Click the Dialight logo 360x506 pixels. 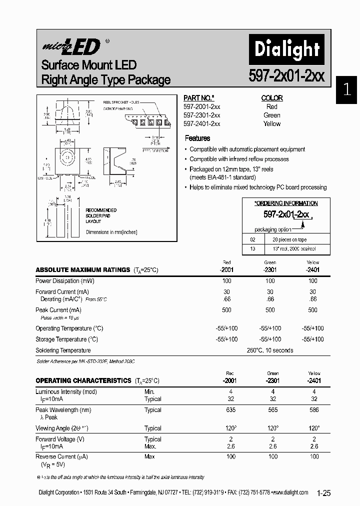tap(286, 49)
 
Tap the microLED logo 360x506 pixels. tap(70, 47)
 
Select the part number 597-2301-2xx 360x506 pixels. tap(201, 115)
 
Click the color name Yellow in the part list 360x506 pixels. tap(272, 123)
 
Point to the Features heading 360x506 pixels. tap(197, 138)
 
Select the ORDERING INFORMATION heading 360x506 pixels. tap(286, 203)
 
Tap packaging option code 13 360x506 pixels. tap(252, 248)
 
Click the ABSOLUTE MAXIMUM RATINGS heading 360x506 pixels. tap(82, 270)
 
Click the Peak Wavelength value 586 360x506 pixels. tap(314, 410)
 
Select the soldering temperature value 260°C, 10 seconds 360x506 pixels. tap(270, 350)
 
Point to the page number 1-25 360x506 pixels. tap(323, 493)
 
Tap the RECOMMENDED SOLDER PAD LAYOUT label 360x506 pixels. tap(101, 215)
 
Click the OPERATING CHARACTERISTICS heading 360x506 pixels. tap(83, 380)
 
